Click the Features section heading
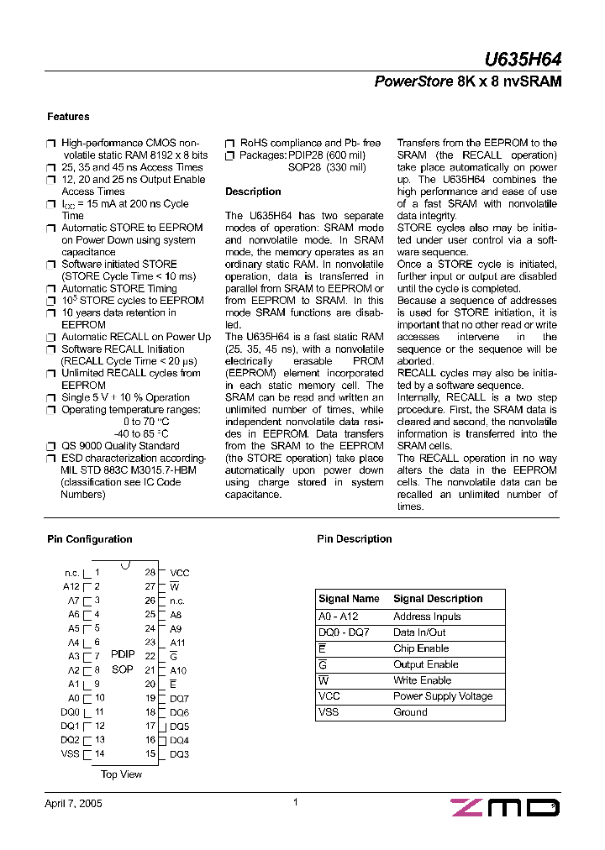pyautogui.click(x=68, y=117)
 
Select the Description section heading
pyautogui.click(x=253, y=192)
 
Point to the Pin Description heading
pyautogui.click(x=354, y=539)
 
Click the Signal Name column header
pyautogui.click(x=349, y=599)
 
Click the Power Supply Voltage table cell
pyautogui.click(x=443, y=696)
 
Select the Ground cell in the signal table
pyautogui.click(x=410, y=712)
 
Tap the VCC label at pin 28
pyautogui.click(x=180, y=573)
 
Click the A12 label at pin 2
pyautogui.click(x=71, y=586)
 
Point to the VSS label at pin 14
pyautogui.click(x=70, y=753)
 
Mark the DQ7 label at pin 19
pyautogui.click(x=180, y=698)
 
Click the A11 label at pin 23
pyautogui.click(x=178, y=643)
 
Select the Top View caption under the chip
pyautogui.click(x=122, y=774)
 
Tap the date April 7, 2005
pyautogui.click(x=73, y=804)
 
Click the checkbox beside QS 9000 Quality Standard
pyautogui.click(x=50, y=447)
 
